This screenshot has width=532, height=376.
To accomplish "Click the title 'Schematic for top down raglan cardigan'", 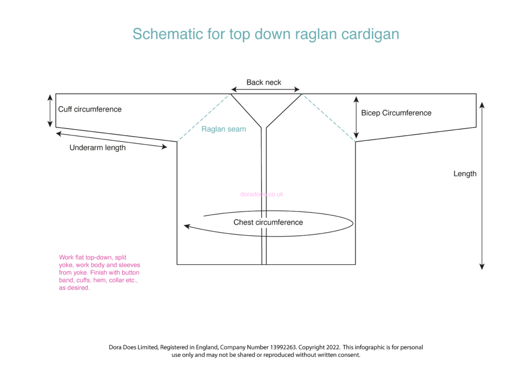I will click(x=265, y=34).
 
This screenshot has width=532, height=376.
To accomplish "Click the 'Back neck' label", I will click(x=264, y=82).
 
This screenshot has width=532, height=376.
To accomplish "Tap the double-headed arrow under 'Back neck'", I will click(x=265, y=89).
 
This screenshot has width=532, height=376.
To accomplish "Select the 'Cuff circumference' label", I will click(x=90, y=109).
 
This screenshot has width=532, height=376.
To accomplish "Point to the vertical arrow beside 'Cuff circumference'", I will click(x=50, y=111).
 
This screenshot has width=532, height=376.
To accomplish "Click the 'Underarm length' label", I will click(x=98, y=147).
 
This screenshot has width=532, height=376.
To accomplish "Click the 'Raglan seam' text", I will click(x=223, y=129).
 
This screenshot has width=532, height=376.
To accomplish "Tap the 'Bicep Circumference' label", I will click(x=396, y=113).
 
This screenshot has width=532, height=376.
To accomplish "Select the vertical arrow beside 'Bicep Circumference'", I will click(x=356, y=117).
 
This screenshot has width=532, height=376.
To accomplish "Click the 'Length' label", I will click(x=464, y=173).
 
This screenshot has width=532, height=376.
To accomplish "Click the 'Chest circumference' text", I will click(x=268, y=222).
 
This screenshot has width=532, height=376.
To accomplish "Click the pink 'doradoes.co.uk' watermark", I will click(x=262, y=194).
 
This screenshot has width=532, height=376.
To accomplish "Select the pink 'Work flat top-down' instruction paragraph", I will click(x=99, y=273).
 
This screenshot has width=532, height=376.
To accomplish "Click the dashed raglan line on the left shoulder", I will click(x=204, y=117).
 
